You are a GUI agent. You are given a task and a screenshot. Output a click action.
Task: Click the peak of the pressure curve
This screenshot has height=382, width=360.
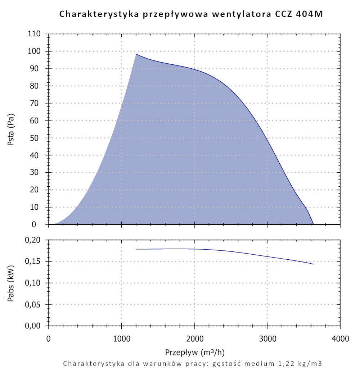pyautogui.click(x=136, y=54)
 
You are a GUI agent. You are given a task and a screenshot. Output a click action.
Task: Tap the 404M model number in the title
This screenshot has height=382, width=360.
pyautogui.click(x=313, y=14)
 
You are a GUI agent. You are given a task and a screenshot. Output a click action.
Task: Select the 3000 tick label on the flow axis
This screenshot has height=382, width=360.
pyautogui.click(x=267, y=338)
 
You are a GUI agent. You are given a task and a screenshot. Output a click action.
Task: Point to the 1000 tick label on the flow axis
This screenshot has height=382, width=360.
pyautogui.click(x=121, y=338)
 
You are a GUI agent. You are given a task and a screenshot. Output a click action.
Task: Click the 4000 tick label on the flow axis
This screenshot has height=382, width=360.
pyautogui.click(x=340, y=338)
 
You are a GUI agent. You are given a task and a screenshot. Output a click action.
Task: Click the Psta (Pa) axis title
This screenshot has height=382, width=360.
pyautogui.click(x=11, y=129)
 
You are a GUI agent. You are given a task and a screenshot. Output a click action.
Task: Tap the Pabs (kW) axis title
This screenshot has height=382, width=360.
pyautogui.click(x=11, y=283)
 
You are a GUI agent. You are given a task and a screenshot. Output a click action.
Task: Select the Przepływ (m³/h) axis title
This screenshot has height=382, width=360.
pyautogui.click(x=194, y=351)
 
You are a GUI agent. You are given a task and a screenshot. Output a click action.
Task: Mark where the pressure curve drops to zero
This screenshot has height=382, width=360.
pyautogui.click(x=314, y=224)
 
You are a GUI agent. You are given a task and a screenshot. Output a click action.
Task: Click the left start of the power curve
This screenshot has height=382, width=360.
pyautogui.click(x=136, y=249)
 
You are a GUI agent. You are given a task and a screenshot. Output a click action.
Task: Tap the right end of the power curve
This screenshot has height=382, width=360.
pyautogui.click(x=314, y=264)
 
